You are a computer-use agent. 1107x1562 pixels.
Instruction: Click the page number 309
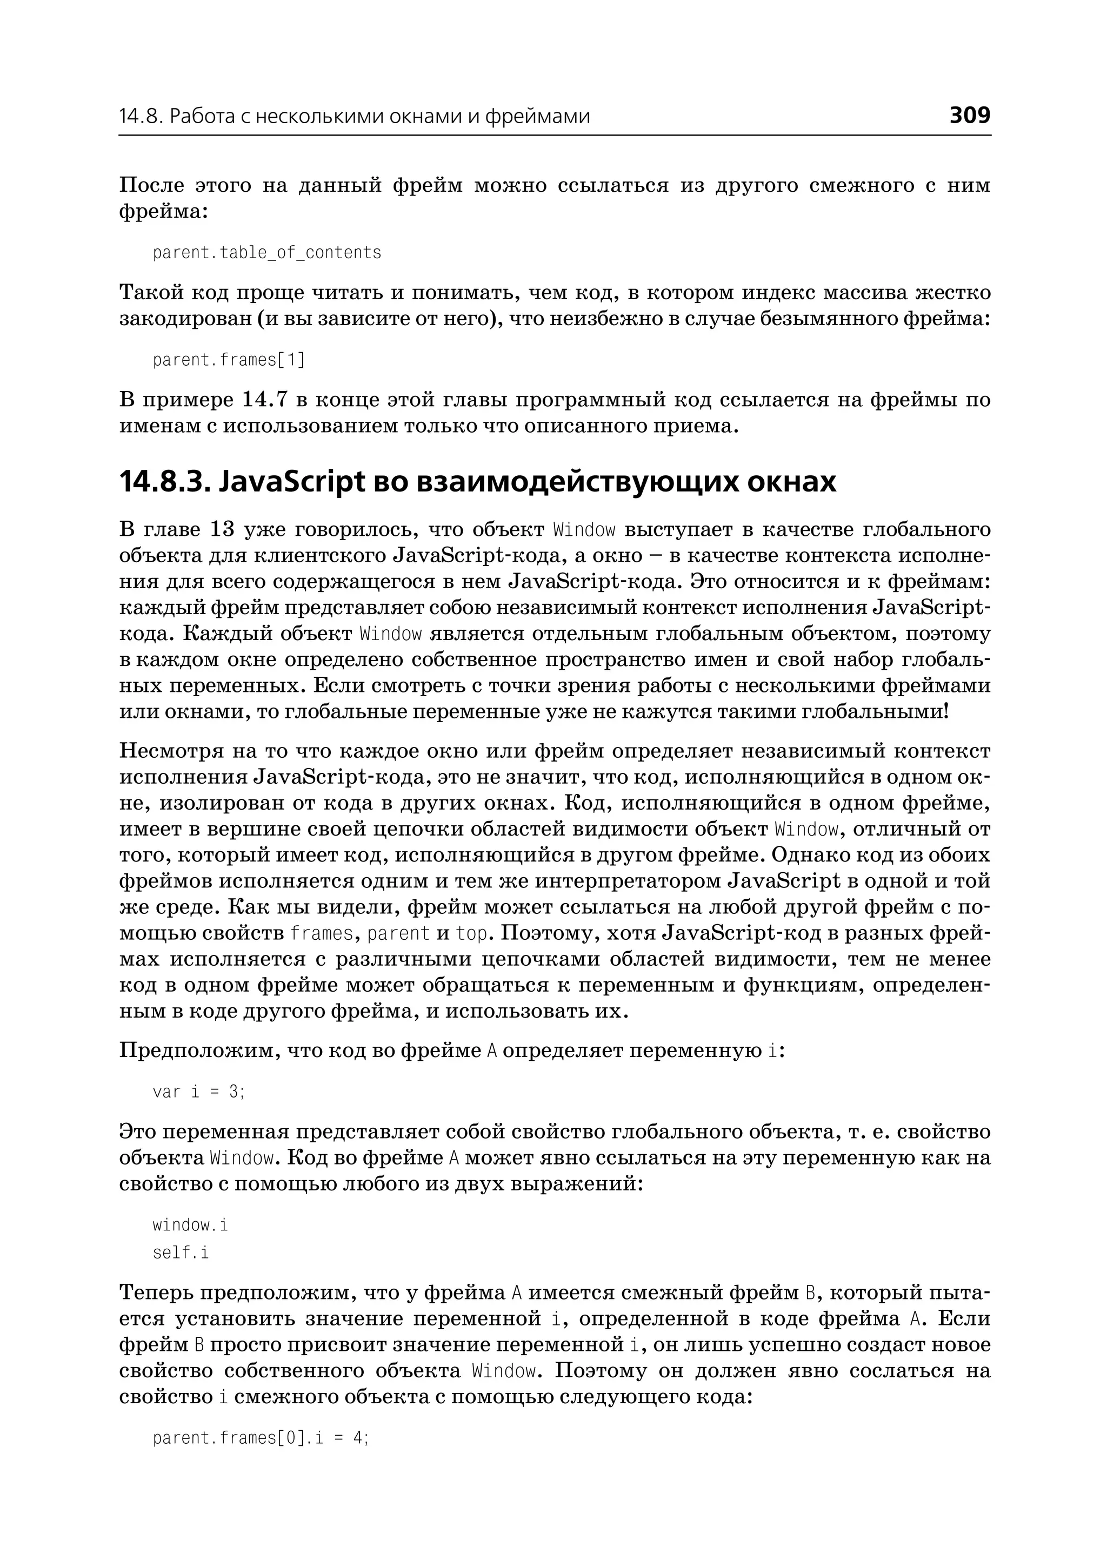click(969, 115)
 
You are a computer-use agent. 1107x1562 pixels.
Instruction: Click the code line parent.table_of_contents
click(266, 253)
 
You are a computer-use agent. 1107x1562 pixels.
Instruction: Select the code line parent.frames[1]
click(229, 360)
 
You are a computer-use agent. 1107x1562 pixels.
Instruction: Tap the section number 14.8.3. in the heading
click(165, 482)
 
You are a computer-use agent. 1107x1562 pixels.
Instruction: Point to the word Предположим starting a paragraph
click(199, 1051)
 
